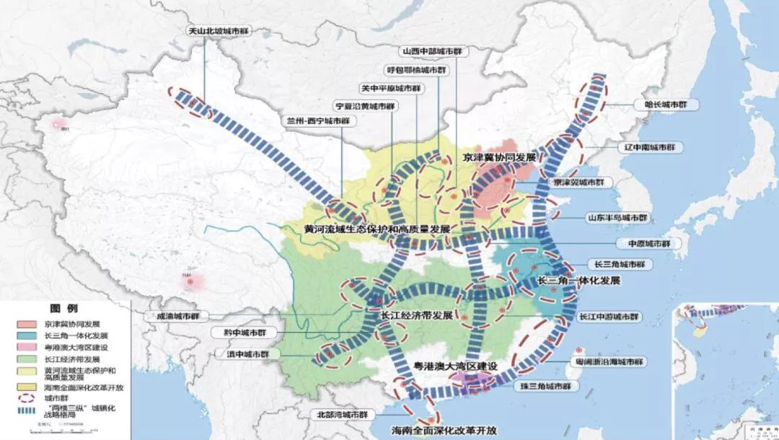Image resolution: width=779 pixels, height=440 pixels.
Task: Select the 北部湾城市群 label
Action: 343,415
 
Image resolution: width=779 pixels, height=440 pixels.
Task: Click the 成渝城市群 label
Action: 177,316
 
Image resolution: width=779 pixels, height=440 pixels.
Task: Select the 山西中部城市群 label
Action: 432,52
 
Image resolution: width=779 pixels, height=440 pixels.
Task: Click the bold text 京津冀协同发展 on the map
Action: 500,157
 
